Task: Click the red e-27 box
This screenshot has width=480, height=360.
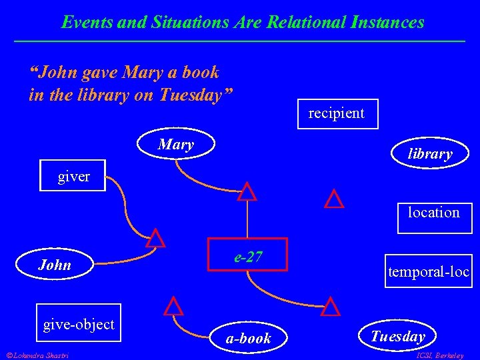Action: (247, 255)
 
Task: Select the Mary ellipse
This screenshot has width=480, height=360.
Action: (177, 145)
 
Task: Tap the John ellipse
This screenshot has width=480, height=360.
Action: (55, 265)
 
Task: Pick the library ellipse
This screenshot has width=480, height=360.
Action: (429, 154)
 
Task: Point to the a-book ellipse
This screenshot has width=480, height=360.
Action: (248, 338)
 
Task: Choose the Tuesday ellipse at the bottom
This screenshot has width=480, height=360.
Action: (397, 336)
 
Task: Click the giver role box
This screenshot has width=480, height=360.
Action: (73, 176)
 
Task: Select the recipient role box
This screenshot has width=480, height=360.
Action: (336, 113)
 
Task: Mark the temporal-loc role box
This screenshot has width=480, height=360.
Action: (428, 271)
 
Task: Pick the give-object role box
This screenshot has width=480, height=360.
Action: (79, 325)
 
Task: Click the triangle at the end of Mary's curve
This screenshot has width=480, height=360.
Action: (247, 192)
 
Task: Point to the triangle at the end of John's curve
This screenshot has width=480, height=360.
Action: (155, 239)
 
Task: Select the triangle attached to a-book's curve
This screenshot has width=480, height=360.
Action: (173, 306)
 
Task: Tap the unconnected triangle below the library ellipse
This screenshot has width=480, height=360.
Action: (333, 199)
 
